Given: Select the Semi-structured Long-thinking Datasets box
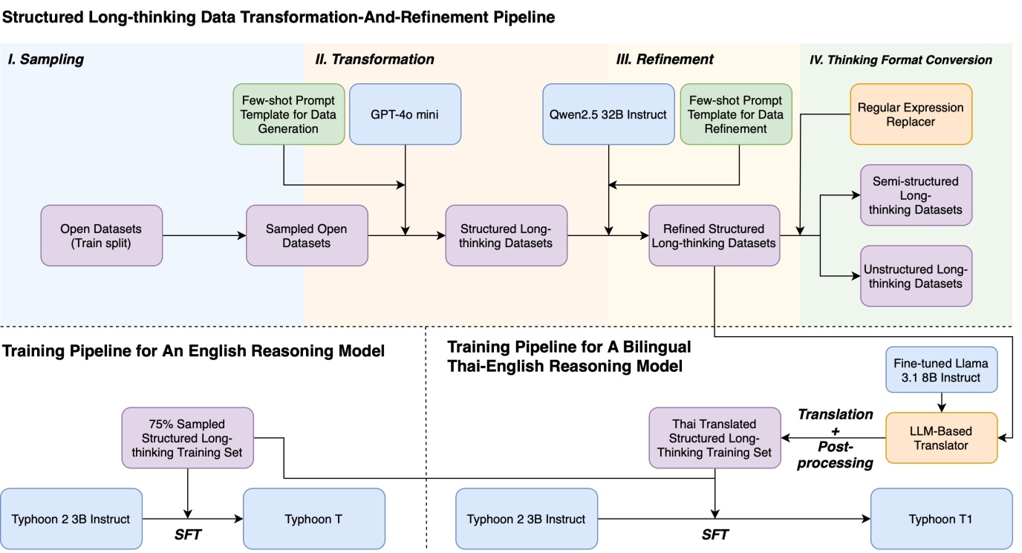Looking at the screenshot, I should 915,194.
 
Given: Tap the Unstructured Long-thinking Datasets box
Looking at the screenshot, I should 915,275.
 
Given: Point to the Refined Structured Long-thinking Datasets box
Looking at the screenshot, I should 715,235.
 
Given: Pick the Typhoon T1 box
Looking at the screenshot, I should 942,518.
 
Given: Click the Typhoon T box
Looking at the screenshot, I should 314,518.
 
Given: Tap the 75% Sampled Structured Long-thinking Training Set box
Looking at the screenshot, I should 189,437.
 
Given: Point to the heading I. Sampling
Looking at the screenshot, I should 45,59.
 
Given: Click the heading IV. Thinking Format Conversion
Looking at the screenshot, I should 900,60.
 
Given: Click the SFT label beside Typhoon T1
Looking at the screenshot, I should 715,534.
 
